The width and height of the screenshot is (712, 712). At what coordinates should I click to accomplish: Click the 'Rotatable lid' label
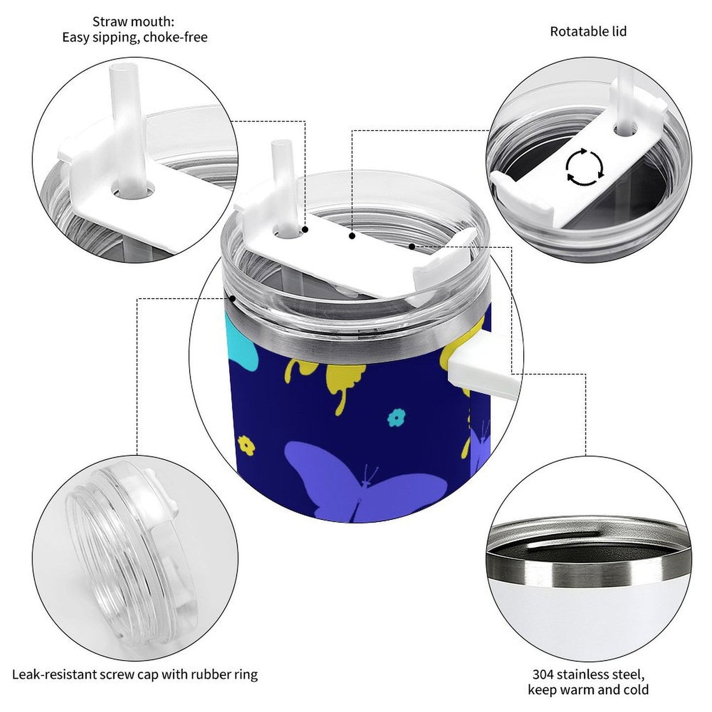pyautogui.click(x=588, y=32)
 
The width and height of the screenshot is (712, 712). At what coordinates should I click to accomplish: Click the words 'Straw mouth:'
pyautogui.click(x=133, y=22)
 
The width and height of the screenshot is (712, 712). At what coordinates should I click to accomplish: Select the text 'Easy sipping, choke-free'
pyautogui.click(x=135, y=37)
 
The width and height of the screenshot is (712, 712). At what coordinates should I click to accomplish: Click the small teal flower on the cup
pyautogui.click(x=397, y=417)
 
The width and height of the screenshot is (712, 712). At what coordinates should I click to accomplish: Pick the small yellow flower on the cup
pyautogui.click(x=246, y=445)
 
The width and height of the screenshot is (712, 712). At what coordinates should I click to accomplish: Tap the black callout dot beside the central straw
pyautogui.click(x=305, y=230)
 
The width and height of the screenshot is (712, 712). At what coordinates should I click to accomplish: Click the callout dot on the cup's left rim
pyautogui.click(x=233, y=298)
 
